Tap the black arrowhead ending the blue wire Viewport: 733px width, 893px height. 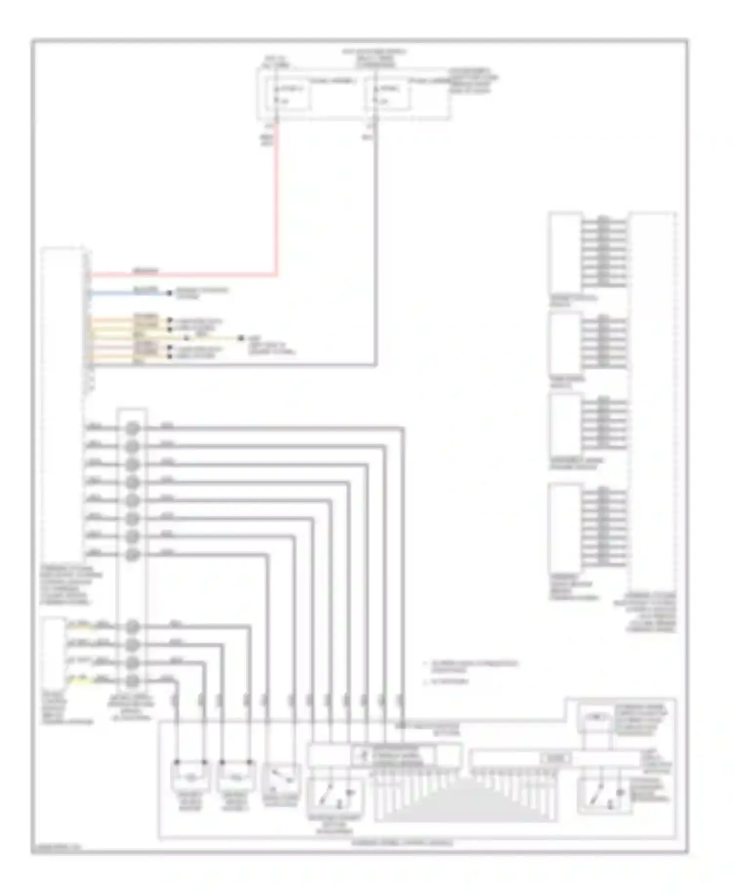[x=170, y=293]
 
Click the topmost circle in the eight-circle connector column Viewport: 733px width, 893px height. [x=132, y=428]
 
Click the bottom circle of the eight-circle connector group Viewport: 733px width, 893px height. [x=132, y=554]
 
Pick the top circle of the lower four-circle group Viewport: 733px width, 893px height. [x=132, y=626]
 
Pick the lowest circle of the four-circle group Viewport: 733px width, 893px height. [x=132, y=680]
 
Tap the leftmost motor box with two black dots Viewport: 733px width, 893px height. [x=191, y=776]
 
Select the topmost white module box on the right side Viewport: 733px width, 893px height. [x=565, y=253]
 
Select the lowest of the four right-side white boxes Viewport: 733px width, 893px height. [x=565, y=528]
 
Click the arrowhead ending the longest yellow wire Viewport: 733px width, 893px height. [x=240, y=338]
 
